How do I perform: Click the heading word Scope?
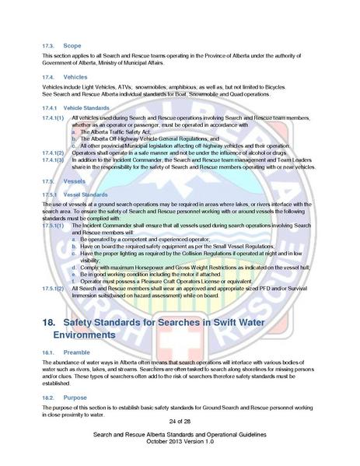click(72, 45)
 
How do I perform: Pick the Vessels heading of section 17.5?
click(73, 180)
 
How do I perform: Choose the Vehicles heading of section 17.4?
click(75, 77)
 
